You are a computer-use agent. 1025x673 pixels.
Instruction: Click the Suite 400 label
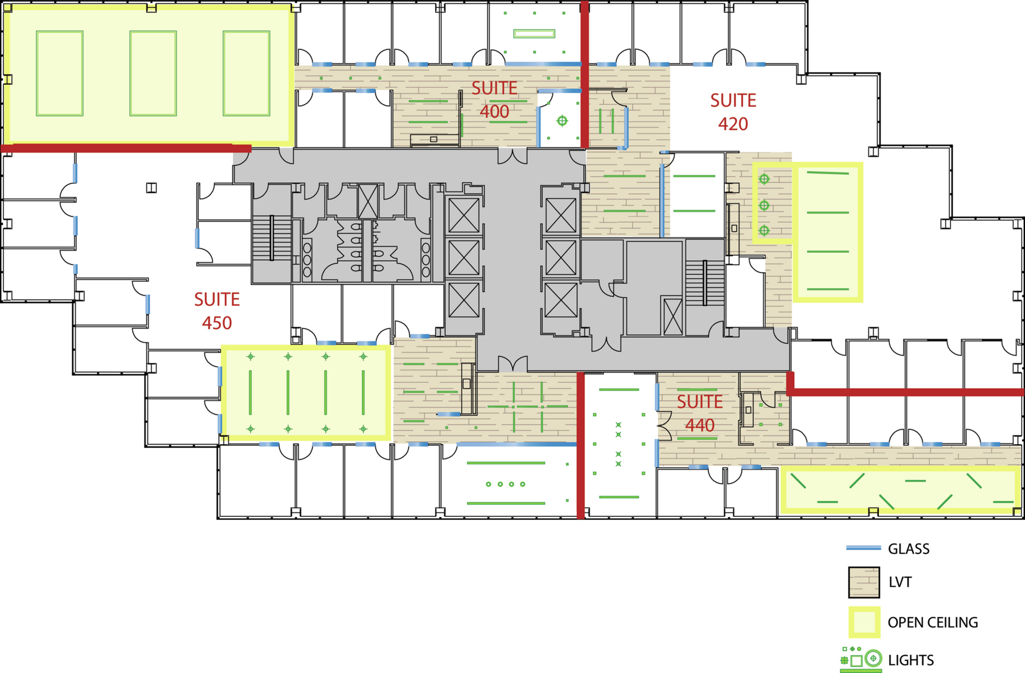tap(494, 100)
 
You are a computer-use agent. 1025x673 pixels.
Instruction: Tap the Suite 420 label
tap(733, 112)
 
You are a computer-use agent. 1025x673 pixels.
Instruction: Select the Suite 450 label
tap(217, 311)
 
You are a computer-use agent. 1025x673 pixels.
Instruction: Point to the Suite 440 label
tap(700, 413)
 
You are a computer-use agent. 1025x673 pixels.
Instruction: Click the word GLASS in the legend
tap(909, 549)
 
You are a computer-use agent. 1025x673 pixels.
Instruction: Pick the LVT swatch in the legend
tap(864, 582)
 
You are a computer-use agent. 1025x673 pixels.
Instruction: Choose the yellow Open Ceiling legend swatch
tap(864, 622)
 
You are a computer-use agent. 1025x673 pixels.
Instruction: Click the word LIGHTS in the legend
tap(911, 660)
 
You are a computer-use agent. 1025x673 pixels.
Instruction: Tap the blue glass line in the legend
tap(863, 548)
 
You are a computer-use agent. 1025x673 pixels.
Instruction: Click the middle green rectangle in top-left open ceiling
tap(153, 73)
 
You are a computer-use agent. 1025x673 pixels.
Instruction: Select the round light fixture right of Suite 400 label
tap(562, 121)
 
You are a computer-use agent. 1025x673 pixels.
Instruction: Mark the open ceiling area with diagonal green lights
tap(900, 490)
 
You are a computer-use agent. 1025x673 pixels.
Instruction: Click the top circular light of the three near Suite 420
tap(764, 179)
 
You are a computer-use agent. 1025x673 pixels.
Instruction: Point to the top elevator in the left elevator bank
tap(464, 215)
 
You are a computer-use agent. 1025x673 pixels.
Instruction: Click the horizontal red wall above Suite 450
tap(126, 148)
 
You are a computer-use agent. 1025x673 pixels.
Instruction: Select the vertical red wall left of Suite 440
tap(581, 445)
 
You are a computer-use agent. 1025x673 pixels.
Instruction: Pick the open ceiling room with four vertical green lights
tap(306, 393)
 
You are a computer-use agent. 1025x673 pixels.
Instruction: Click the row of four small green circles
tap(506, 484)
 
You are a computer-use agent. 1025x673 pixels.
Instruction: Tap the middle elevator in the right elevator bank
tap(561, 257)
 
